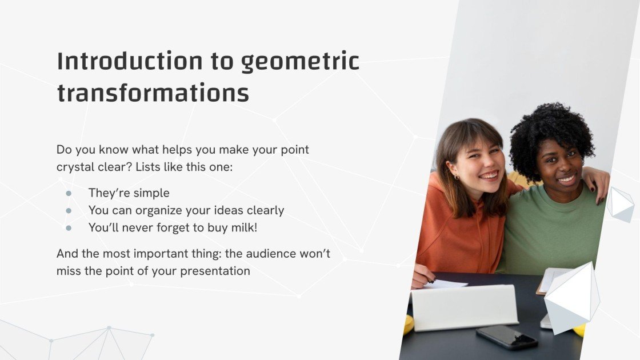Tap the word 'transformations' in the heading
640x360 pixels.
[153, 94]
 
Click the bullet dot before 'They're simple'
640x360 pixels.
[69, 193]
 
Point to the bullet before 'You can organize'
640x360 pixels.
[69, 210]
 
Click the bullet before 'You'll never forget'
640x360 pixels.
[69, 227]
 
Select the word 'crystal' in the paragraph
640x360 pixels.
[76, 167]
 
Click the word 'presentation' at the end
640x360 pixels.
[215, 271]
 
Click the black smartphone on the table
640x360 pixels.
[507, 337]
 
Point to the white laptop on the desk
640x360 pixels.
[464, 307]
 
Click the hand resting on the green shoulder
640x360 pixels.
[598, 186]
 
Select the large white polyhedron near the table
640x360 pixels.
[571, 297]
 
